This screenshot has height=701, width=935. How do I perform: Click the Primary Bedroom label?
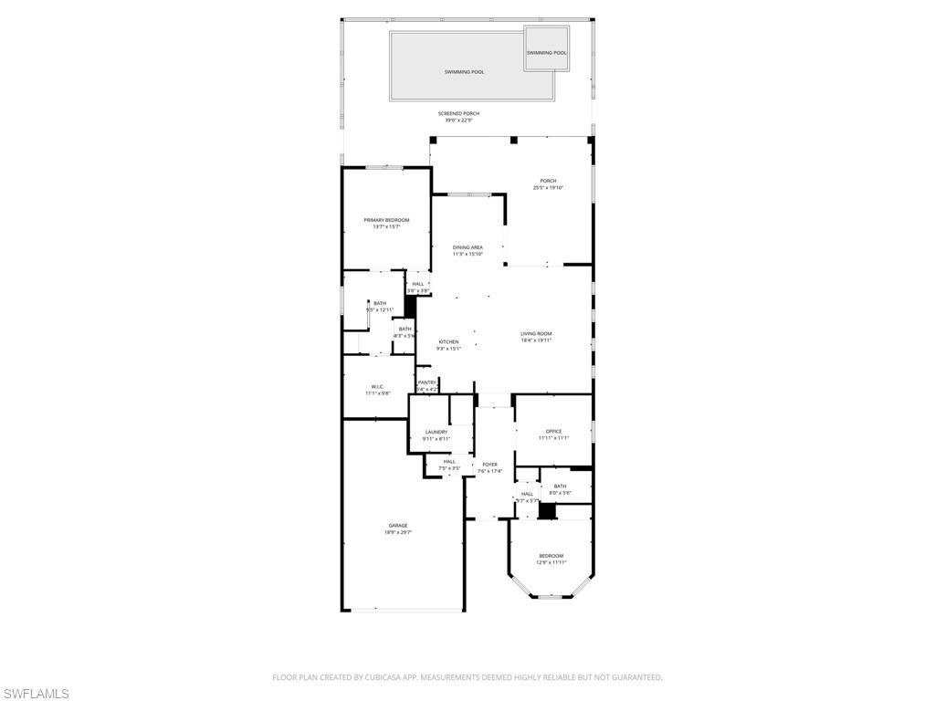pyautogui.click(x=386, y=220)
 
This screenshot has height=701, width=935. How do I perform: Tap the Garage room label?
pyautogui.click(x=398, y=526)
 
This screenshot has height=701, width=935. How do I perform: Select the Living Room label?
pyautogui.click(x=536, y=334)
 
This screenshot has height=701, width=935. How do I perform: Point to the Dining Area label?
pyautogui.click(x=467, y=247)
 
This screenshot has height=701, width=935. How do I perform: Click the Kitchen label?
pyautogui.click(x=448, y=342)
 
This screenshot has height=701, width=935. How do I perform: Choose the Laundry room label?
pyautogui.click(x=436, y=432)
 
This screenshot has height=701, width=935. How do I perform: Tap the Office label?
pyautogui.click(x=553, y=431)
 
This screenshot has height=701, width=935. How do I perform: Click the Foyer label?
pyautogui.click(x=490, y=465)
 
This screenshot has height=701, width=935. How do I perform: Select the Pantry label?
pyautogui.click(x=427, y=382)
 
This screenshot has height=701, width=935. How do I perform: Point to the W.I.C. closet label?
pyautogui.click(x=377, y=386)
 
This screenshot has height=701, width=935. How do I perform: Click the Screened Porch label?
pyautogui.click(x=458, y=113)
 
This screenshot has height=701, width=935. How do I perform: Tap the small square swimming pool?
pyautogui.click(x=546, y=52)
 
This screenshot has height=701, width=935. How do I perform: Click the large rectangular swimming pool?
pyautogui.click(x=464, y=71)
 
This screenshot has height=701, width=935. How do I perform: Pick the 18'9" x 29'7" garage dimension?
pyautogui.click(x=398, y=533)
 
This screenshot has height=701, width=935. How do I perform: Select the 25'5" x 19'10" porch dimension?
pyautogui.click(x=548, y=188)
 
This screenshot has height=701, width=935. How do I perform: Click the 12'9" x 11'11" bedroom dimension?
pyautogui.click(x=551, y=562)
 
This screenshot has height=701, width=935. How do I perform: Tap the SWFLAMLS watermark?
pyautogui.click(x=35, y=694)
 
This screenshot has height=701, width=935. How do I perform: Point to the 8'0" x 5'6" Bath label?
pyautogui.click(x=560, y=487)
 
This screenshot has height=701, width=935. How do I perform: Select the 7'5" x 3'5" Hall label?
pyautogui.click(x=449, y=462)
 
